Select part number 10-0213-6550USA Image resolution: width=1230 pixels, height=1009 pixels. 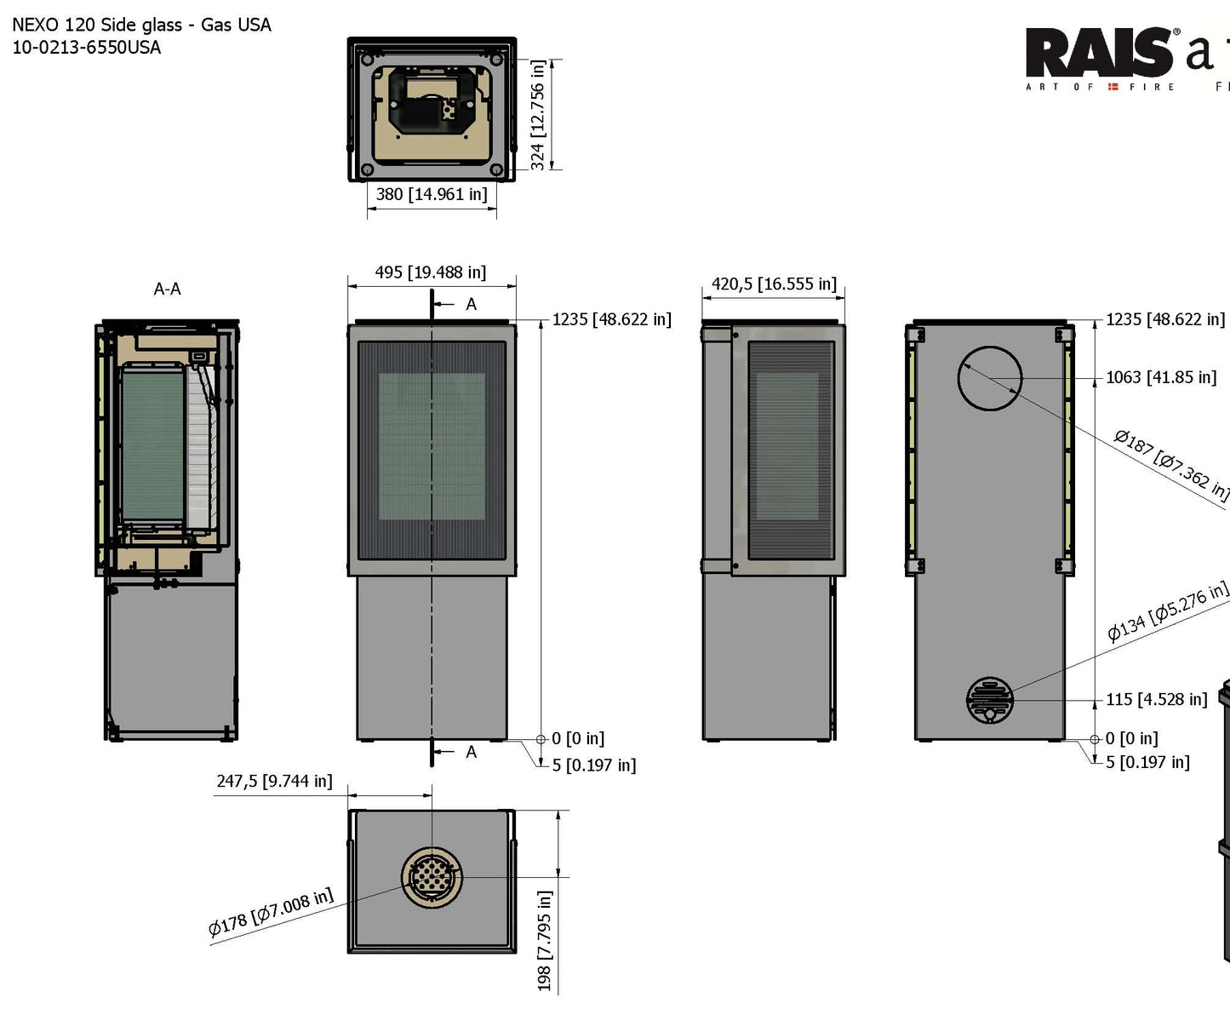(86, 48)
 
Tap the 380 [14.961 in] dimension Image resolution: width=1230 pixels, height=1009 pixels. (432, 194)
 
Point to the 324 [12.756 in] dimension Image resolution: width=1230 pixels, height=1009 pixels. (538, 115)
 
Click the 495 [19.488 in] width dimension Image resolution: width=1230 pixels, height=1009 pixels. (431, 272)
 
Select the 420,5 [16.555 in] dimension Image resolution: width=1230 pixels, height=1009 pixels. (774, 284)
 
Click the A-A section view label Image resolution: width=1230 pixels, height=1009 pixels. (167, 290)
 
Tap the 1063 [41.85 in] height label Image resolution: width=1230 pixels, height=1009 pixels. (1161, 377)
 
